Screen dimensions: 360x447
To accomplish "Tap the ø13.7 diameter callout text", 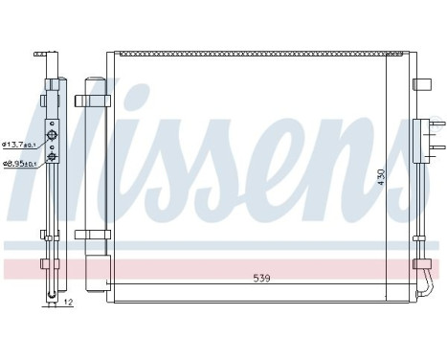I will tap(19, 145).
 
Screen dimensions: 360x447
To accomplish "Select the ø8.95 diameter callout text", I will tap(19, 164).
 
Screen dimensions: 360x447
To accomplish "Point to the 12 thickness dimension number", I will tap(67, 304).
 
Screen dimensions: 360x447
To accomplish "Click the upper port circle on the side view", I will tap(54, 137).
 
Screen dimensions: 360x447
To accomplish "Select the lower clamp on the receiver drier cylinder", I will tap(91, 233).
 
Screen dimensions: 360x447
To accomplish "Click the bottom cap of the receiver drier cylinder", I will tap(93, 277).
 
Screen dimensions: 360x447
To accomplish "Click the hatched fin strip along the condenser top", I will tap(249, 57).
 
